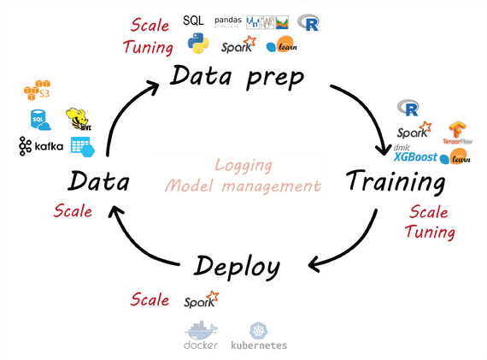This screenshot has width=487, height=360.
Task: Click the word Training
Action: click(396, 182)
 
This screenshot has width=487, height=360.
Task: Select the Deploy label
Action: click(237, 267)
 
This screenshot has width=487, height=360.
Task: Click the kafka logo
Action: click(41, 147)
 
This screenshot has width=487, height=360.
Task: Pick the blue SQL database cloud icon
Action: click(39, 119)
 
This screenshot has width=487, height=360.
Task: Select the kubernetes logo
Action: click(259, 335)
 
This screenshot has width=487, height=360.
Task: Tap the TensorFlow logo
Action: click(458, 133)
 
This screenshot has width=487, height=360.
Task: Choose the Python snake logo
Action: click(200, 44)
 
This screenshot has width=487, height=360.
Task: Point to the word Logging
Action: click(242, 164)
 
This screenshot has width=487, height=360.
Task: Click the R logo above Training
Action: click(408, 108)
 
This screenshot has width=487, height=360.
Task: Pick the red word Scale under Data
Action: click(73, 211)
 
